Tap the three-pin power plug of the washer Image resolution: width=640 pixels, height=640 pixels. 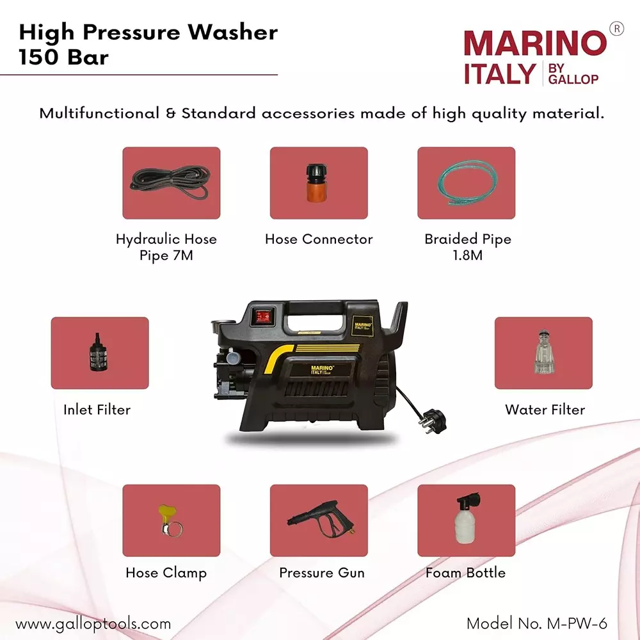(424, 422)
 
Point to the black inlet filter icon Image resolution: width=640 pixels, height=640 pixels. (100, 353)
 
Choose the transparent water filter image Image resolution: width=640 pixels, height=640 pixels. (543, 352)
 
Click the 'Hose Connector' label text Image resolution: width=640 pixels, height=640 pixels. (319, 239)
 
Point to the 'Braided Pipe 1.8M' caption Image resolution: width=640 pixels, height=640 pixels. (468, 247)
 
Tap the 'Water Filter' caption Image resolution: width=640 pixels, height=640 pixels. (545, 410)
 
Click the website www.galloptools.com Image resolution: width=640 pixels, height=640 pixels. (93, 623)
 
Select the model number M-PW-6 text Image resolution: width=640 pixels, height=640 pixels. (536, 623)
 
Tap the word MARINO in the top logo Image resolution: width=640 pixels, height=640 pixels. (534, 44)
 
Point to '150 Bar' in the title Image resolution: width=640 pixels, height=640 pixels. (63, 57)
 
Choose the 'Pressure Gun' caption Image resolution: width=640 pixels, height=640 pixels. (321, 573)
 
